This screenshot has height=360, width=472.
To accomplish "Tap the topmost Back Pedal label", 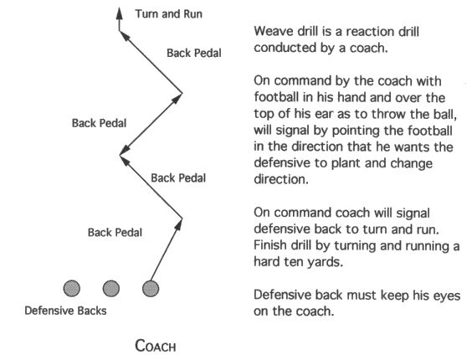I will coord(193,53).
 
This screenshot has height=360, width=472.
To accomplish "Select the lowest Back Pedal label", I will coord(115,232).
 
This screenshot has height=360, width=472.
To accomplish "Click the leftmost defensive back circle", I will coord(72,289).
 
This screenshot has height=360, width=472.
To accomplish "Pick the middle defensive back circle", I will coord(110,289).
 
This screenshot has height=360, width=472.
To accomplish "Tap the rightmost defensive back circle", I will coord(151,289).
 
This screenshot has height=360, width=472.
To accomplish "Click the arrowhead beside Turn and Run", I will coord(119,15).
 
